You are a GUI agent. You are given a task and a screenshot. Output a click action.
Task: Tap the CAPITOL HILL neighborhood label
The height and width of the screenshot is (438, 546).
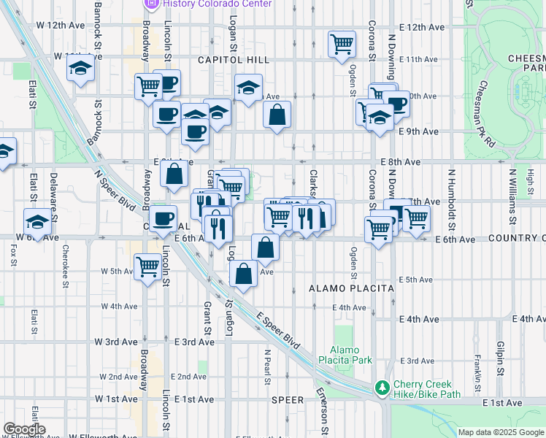coord(233,60)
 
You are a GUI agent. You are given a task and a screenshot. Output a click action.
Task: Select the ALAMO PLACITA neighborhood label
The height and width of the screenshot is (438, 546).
coord(351,288)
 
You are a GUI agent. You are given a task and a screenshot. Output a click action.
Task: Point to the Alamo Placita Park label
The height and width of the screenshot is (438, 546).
coord(351,355)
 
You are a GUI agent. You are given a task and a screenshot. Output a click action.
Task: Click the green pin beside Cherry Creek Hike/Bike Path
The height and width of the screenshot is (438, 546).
coord(381,388)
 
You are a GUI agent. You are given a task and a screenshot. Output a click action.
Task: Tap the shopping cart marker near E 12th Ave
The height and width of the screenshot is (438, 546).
coord(342,45)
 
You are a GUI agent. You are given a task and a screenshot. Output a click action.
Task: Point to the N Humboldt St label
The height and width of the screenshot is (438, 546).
coord(452,196)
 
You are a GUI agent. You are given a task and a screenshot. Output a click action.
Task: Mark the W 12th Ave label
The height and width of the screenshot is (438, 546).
coord(61,25)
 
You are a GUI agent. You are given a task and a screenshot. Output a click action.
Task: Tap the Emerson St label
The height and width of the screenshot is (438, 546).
coord(321,402)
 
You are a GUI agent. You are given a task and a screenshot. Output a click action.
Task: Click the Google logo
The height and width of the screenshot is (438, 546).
coord(24,429)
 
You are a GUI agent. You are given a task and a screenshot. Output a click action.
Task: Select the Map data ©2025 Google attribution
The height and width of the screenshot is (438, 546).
coord(500,432)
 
